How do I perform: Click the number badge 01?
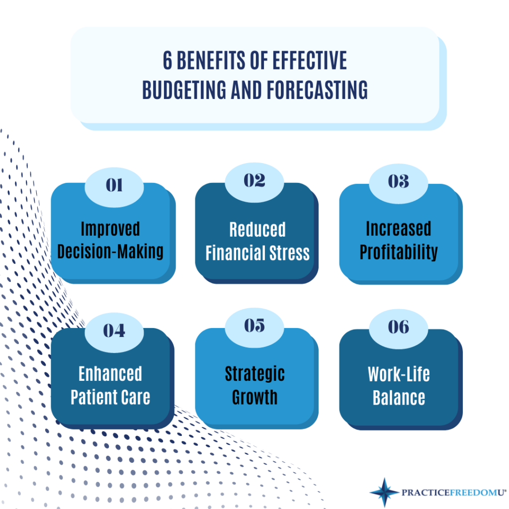(114, 185)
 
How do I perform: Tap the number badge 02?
(254, 180)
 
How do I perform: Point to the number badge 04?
(114, 331)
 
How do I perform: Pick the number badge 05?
(254, 326)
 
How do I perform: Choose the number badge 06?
(398, 327)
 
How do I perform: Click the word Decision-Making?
(110, 251)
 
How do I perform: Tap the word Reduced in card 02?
(257, 230)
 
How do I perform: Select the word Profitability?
(399, 252)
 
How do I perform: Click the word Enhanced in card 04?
(110, 374)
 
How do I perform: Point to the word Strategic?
(254, 374)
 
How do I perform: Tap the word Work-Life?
(399, 374)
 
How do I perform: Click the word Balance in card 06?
(399, 398)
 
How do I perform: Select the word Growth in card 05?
(254, 398)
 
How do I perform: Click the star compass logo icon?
(384, 492)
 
